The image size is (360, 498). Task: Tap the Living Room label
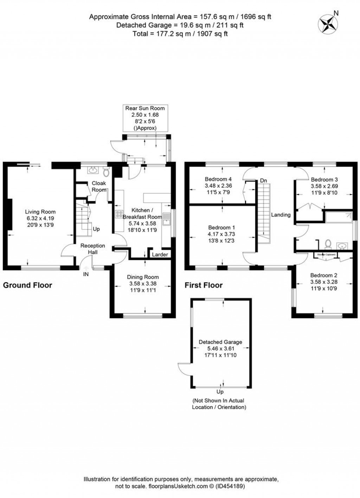tap(40, 212)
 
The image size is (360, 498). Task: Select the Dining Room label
tap(143, 277)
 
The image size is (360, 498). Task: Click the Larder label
tap(160, 254)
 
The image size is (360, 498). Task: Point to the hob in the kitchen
tap(119, 214)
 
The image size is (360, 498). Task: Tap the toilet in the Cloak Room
tap(107, 173)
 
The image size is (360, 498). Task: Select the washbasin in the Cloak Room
tap(93, 171)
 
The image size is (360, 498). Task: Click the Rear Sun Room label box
tap(145, 118)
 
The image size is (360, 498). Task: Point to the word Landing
tap(281, 215)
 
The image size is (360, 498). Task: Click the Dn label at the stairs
tap(264, 181)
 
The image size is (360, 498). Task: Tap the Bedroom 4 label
tap(218, 179)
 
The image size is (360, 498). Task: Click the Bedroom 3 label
tap(324, 180)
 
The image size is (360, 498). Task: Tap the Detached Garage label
tap(220, 342)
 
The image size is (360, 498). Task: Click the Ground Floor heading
tap(27, 285)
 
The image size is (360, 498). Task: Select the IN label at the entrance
tap(86, 274)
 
